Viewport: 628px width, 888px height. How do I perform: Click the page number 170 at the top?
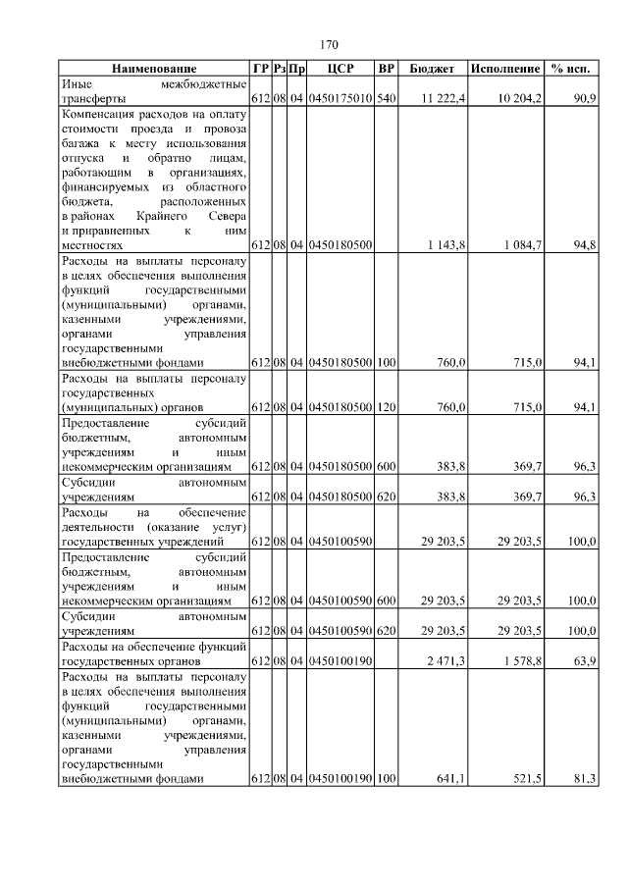329,45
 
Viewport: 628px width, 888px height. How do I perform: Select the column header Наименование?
154,69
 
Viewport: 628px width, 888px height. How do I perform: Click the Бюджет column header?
432,69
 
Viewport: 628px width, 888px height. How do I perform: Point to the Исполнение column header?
504,69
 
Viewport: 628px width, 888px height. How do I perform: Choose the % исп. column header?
572,69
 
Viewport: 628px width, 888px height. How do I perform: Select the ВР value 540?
387,99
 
